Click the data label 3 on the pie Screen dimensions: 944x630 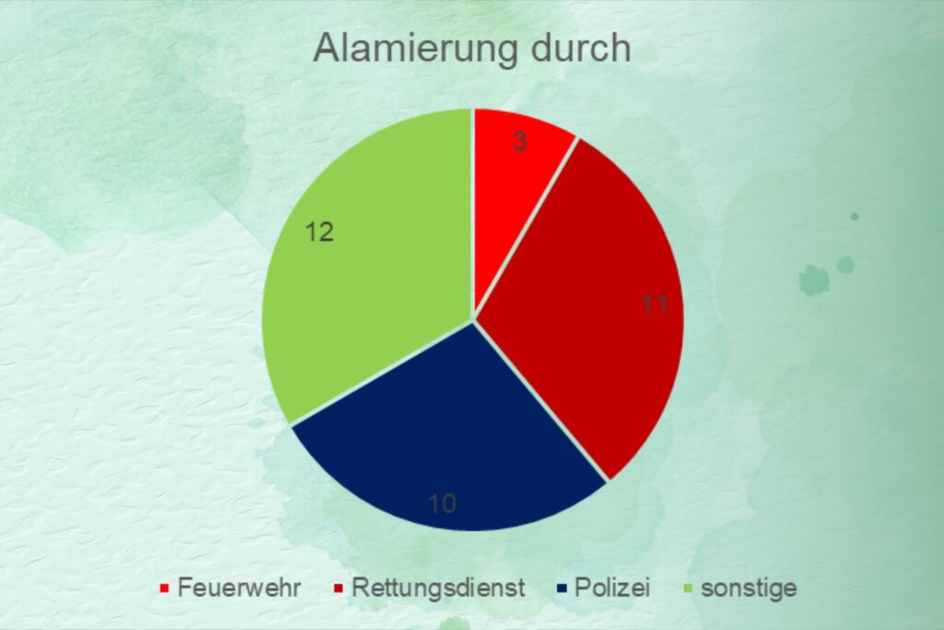(520, 141)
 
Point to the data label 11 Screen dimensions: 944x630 (655, 304)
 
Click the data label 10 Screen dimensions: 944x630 (442, 504)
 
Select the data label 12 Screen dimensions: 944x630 (319, 232)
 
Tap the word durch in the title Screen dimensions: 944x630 (581, 48)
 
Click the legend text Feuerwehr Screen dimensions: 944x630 (239, 588)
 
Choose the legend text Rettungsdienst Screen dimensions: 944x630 (438, 588)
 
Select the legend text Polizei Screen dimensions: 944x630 (612, 588)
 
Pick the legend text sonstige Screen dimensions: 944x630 (749, 588)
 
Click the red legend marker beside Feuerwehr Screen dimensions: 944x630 (164, 588)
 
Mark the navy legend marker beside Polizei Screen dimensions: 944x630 (561, 588)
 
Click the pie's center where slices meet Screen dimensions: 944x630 (474, 319)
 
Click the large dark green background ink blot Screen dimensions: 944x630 (814, 281)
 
